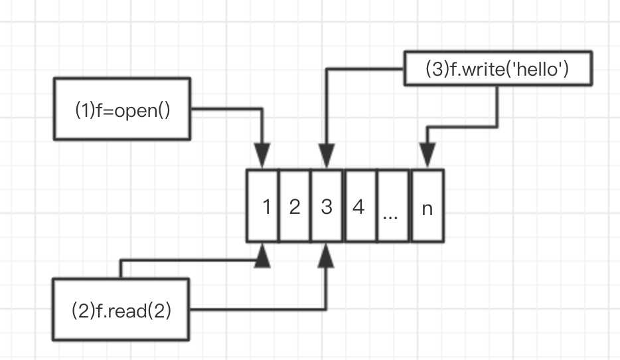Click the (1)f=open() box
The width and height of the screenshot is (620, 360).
[x=123, y=109]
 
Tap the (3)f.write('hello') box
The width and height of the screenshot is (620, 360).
[x=497, y=69]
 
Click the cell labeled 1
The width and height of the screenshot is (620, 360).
[x=263, y=207]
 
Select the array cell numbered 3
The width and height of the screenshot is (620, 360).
[x=327, y=207]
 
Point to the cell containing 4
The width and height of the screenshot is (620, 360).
[x=359, y=207]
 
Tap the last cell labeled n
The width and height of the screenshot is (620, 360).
[x=427, y=207]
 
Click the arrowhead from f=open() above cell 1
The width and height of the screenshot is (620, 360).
[x=264, y=158]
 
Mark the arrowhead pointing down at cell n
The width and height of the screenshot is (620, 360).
[x=427, y=158]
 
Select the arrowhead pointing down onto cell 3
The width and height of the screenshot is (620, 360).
[x=326, y=158]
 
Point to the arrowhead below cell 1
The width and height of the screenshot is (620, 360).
[x=264, y=255]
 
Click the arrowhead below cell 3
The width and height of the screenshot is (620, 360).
[x=326, y=255]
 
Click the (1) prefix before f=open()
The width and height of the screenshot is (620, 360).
[x=83, y=110]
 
